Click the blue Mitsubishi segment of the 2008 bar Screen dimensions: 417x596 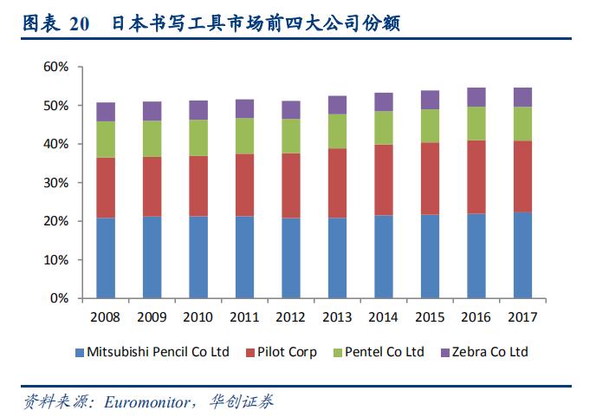(106, 257)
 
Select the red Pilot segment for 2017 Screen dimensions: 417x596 (523, 176)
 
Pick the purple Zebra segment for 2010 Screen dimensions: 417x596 (198, 110)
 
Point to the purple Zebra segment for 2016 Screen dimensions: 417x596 (476, 97)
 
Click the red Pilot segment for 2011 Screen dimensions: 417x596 (245, 185)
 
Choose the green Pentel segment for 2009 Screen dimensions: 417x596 (152, 139)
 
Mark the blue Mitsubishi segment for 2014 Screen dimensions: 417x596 (384, 257)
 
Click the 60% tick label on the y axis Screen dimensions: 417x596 (55, 67)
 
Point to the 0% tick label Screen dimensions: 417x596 (59, 298)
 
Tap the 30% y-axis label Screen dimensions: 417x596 (55, 183)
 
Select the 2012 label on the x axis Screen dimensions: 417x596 (291, 317)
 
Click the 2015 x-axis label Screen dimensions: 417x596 (431, 317)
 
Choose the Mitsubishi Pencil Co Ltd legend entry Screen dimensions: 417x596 (158, 352)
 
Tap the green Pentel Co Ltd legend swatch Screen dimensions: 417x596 (336, 353)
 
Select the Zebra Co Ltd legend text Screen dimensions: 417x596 (489, 352)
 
